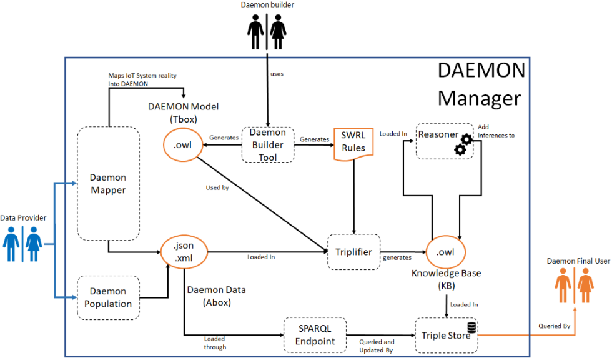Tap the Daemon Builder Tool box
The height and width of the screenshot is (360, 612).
point(268,144)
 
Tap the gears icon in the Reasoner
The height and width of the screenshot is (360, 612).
point(461,143)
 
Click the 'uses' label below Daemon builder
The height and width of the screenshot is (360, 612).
point(277,74)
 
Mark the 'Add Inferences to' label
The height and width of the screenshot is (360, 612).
point(496,131)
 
